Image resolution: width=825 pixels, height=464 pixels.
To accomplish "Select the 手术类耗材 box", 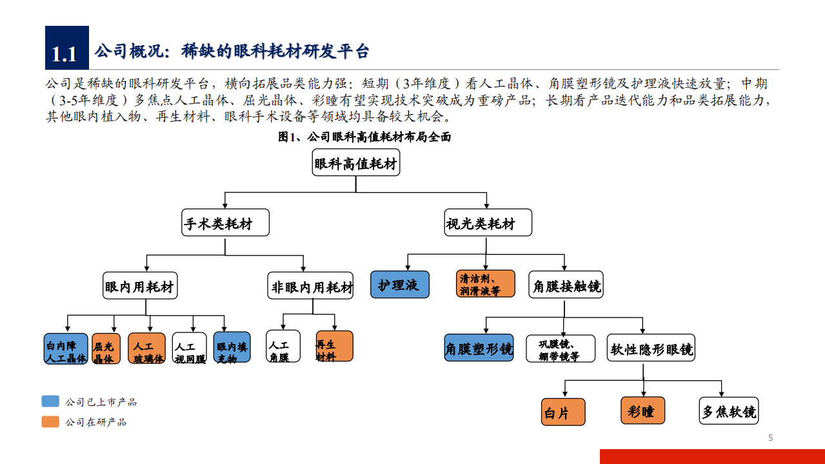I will [224, 223].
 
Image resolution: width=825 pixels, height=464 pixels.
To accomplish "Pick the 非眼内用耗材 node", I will [311, 286].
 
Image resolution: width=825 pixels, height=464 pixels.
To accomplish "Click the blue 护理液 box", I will [399, 284].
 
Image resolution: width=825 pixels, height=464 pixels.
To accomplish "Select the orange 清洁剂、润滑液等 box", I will [486, 284].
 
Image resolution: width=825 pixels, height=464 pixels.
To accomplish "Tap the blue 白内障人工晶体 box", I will [66, 349].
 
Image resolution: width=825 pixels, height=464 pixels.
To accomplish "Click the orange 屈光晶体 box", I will [106, 349].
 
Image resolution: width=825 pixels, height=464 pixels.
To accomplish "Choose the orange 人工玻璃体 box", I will [147, 349].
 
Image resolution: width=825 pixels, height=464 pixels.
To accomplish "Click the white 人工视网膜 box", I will [190, 349].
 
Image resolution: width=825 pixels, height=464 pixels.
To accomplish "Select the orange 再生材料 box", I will [334, 347].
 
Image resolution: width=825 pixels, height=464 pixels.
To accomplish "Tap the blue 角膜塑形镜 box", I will [479, 348].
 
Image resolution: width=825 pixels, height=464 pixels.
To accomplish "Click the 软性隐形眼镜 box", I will [651, 348].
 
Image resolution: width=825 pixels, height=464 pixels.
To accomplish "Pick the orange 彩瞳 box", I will [642, 410].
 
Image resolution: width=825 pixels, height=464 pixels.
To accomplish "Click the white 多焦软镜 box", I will [729, 411].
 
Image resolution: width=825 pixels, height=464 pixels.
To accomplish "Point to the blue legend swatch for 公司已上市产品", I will [50, 401].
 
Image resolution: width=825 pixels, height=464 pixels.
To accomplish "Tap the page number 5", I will [770, 438].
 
